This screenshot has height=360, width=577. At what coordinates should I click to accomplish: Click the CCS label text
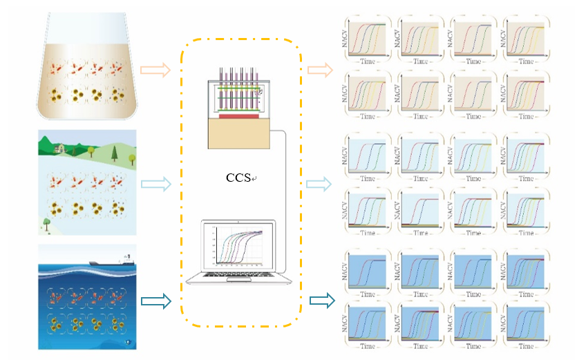pyautogui.click(x=240, y=178)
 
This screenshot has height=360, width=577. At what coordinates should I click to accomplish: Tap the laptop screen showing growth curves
pyautogui.click(x=239, y=247)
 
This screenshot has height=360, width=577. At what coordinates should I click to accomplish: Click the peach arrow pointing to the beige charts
pyautogui.click(x=319, y=69)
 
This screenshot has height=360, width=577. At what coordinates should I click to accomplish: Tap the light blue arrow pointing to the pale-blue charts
pyautogui.click(x=319, y=183)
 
